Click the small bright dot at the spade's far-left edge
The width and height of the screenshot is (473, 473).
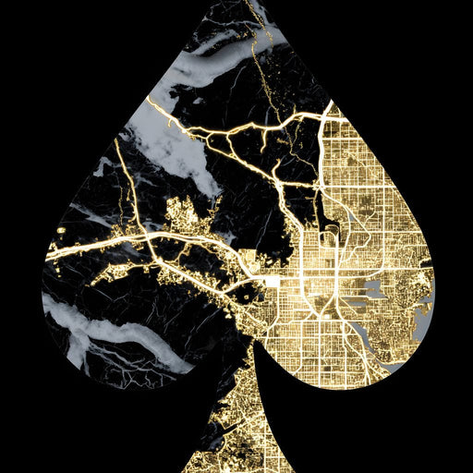61,229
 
